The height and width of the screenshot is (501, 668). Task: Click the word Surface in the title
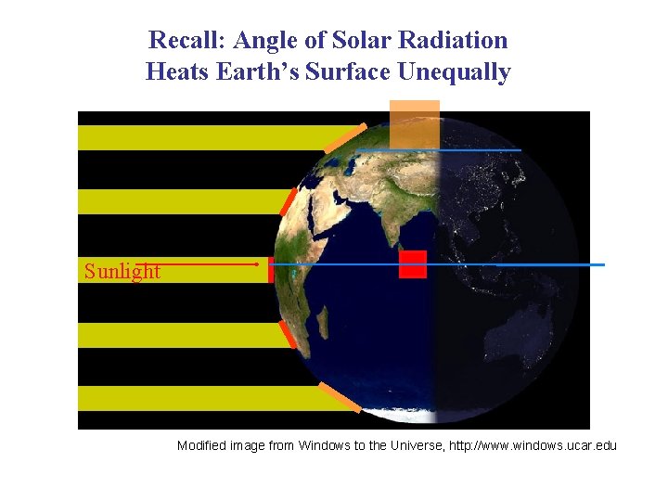coord(347,72)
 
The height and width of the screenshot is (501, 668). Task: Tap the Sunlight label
coord(122,272)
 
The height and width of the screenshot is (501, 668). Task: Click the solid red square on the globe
coord(413,264)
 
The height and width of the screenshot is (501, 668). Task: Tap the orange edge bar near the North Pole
coord(344,138)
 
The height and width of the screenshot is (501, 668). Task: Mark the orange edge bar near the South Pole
coord(340,396)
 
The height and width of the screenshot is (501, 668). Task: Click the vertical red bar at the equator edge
coord(270,269)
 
